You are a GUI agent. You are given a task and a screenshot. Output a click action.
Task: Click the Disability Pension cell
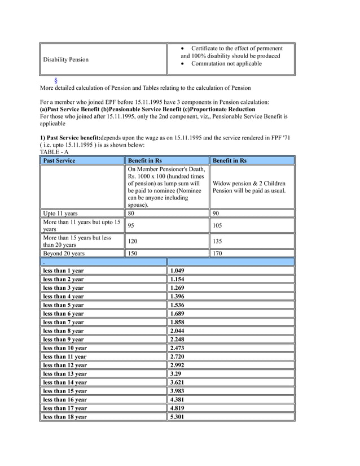click(66, 59)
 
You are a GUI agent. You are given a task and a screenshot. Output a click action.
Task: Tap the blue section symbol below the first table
click(55, 81)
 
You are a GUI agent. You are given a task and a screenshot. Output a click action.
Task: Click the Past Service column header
click(59, 160)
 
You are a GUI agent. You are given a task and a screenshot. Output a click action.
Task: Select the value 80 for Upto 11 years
click(131, 214)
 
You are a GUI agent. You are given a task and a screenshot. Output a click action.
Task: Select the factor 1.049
click(177, 271)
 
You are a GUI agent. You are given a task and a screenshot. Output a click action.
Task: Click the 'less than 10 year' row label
click(65, 348)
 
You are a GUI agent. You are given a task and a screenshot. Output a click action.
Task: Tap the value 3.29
click(175, 374)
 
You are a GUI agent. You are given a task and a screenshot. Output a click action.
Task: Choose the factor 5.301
click(177, 417)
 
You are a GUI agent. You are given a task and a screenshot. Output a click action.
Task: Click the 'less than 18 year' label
click(65, 417)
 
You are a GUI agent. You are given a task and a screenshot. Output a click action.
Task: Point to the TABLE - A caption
click(54, 152)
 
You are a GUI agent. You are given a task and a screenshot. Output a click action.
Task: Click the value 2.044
click(177, 331)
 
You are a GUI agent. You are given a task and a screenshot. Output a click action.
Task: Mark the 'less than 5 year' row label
click(63, 305)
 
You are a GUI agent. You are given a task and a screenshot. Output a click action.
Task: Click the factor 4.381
click(177, 400)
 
